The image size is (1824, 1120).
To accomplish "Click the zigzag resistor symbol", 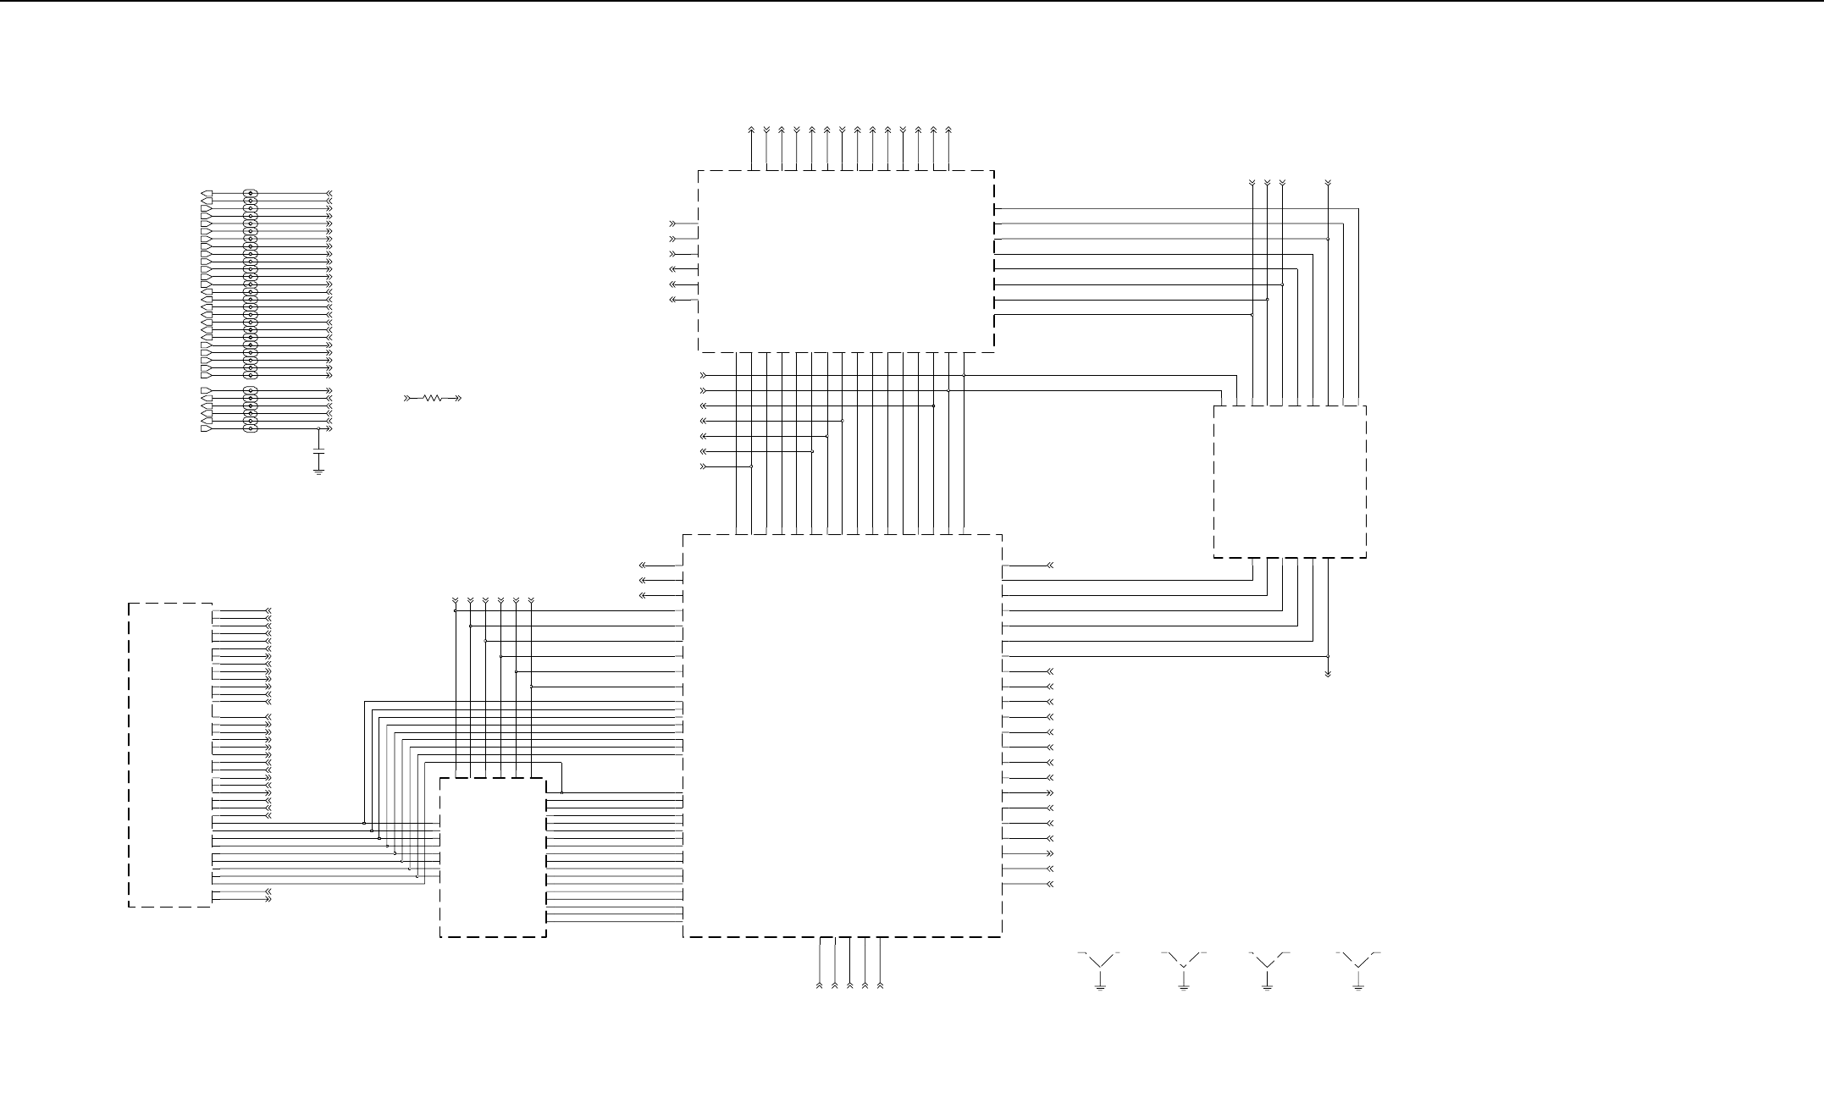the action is (x=433, y=397).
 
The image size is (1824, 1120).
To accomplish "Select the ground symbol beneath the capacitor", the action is (x=318, y=471).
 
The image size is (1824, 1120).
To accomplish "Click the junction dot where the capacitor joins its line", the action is (x=318, y=429).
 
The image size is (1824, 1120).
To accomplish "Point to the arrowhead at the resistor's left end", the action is (x=407, y=397).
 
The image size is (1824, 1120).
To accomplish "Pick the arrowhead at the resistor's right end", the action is (x=458, y=397).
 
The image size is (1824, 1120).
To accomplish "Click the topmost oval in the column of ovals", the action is (x=250, y=195).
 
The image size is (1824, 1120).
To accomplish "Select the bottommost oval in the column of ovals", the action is (x=250, y=429).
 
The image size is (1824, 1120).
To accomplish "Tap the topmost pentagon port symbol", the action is (x=207, y=195).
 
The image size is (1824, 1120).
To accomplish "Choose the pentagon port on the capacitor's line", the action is (x=207, y=429).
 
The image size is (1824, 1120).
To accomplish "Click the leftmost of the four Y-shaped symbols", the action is (x=1099, y=962).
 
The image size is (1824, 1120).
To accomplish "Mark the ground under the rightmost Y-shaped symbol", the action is (x=1358, y=986).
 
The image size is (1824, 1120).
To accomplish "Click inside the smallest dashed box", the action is (x=492, y=857).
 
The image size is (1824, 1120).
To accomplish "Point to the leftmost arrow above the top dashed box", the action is (x=752, y=130).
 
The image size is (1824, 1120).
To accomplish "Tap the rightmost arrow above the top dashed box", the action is (x=948, y=130).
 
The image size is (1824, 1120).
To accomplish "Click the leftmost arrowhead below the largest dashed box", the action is (x=820, y=985).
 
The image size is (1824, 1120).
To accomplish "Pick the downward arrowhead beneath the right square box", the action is (x=1328, y=674).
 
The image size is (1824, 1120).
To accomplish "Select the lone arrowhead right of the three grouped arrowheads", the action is (x=1328, y=183).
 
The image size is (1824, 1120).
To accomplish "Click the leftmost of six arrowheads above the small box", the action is (x=456, y=601).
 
